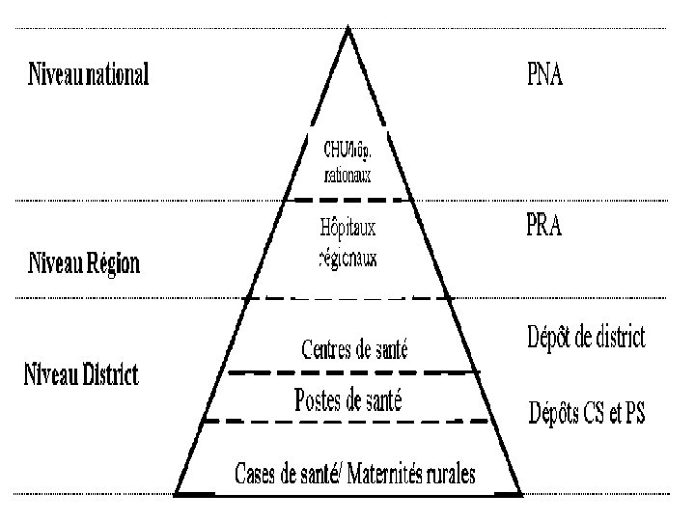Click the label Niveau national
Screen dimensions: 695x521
pyautogui.click(x=88, y=74)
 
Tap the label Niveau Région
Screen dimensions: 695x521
pyautogui.click(x=83, y=262)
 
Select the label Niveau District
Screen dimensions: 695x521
pyautogui.click(x=81, y=373)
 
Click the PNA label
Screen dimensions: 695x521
pyautogui.click(x=545, y=74)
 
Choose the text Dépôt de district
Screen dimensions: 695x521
pyautogui.click(x=586, y=338)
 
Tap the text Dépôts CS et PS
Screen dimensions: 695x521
pyautogui.click(x=586, y=415)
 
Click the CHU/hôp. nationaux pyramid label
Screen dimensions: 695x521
pyautogui.click(x=347, y=161)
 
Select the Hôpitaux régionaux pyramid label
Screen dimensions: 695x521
pyautogui.click(x=347, y=242)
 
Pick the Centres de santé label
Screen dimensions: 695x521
pyautogui.click(x=354, y=349)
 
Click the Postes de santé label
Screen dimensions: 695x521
pyautogui.click(x=347, y=399)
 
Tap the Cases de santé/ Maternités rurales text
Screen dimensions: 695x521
pyautogui.click(x=361, y=474)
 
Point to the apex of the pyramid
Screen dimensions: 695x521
pyautogui.click(x=347, y=31)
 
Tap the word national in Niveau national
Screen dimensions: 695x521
pyautogui.click(x=118, y=74)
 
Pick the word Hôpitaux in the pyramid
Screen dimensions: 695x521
pyautogui.click(x=347, y=229)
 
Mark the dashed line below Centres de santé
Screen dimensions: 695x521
pyautogui.click(x=352, y=371)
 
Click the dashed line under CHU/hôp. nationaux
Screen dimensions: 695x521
pyautogui.click(x=347, y=200)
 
